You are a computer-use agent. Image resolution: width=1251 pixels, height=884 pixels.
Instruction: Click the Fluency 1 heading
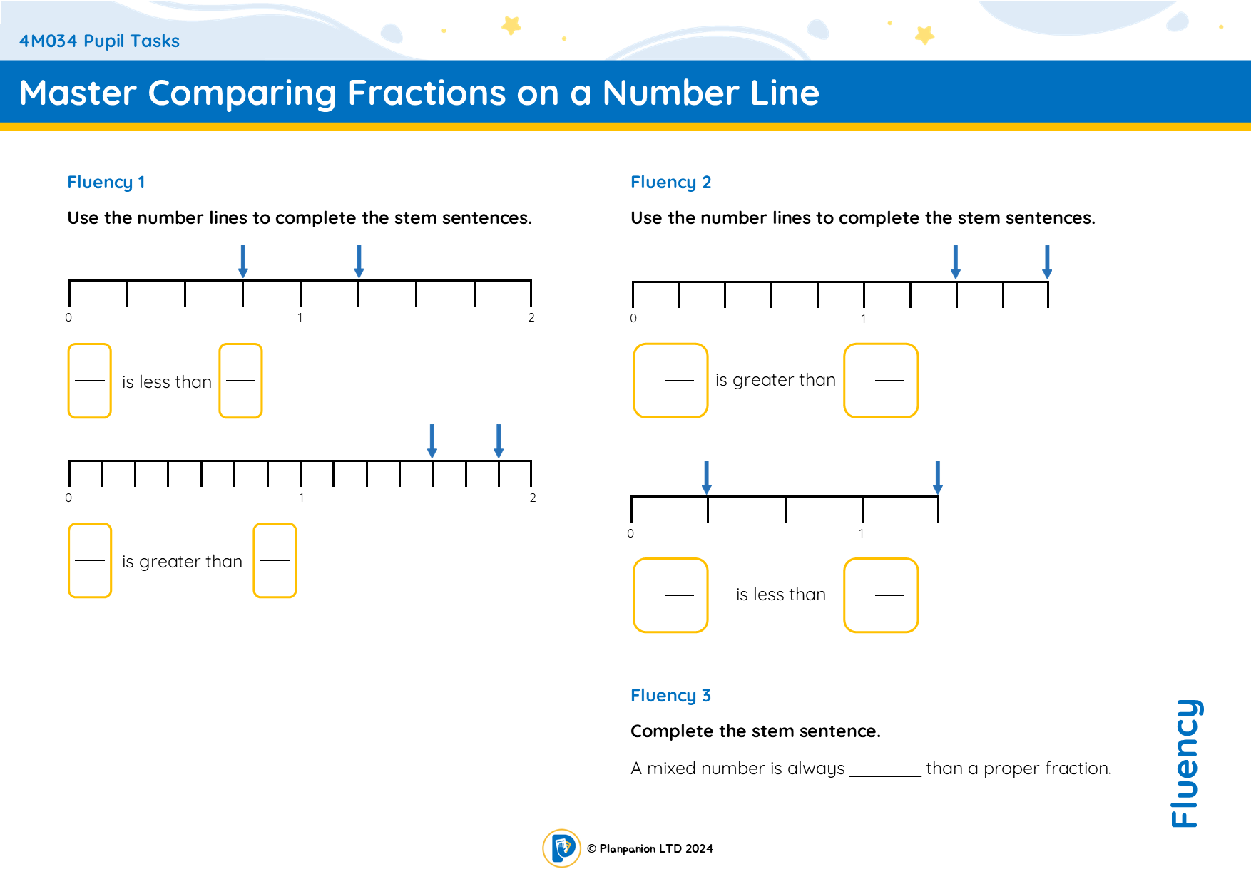[106, 183]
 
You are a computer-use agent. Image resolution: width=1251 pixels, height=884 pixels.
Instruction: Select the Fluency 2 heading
[670, 183]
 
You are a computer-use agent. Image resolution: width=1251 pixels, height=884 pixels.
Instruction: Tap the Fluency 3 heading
[670, 696]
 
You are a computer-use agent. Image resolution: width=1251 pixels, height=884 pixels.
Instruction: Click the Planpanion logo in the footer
[562, 848]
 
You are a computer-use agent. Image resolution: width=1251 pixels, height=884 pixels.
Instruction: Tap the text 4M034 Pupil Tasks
[99, 41]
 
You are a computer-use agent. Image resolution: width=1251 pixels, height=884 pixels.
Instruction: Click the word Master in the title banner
[78, 93]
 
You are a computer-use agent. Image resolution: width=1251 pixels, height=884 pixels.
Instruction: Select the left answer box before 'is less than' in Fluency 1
[90, 381]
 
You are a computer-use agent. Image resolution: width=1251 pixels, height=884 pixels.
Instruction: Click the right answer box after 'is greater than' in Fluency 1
[275, 560]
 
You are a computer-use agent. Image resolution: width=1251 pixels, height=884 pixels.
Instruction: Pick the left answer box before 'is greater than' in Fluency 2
[670, 381]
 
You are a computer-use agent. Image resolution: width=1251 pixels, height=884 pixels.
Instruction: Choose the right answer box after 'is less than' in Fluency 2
[881, 595]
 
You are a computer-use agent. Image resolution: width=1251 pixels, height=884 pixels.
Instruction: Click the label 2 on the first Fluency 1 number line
[531, 318]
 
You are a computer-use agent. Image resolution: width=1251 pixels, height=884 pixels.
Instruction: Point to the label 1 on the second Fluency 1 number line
[302, 498]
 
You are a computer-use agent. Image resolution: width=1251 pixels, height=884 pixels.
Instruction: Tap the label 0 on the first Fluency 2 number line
[633, 319]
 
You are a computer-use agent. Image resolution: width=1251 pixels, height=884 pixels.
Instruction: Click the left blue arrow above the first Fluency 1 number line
[243, 261]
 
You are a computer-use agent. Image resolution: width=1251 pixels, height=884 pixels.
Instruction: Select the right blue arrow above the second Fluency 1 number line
[499, 441]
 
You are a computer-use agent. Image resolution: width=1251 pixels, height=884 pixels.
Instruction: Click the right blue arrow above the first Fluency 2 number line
[1047, 262]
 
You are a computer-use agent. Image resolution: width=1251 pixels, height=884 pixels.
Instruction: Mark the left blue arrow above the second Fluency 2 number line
[707, 477]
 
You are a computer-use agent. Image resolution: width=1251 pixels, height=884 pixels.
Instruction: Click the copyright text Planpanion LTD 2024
[650, 848]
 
